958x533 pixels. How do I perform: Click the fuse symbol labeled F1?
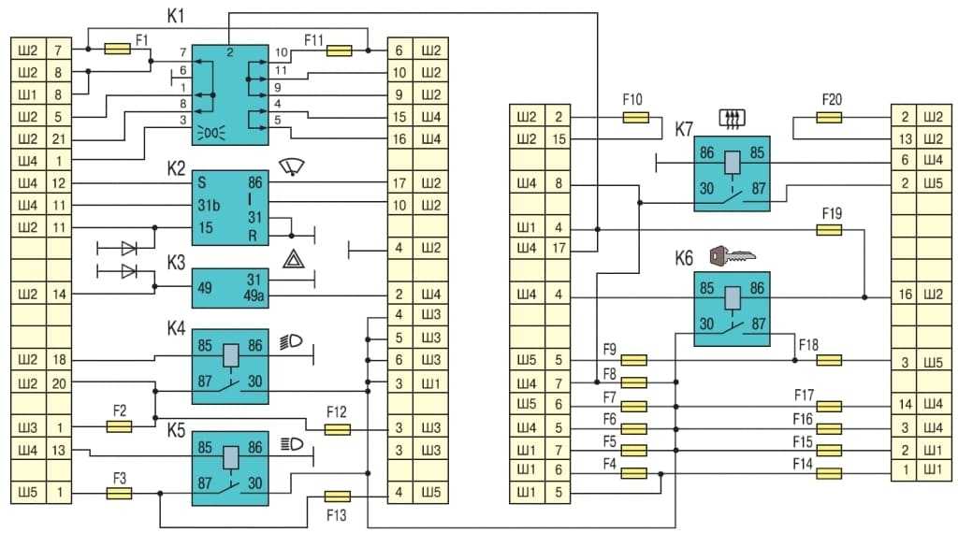119,48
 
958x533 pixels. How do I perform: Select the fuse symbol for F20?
830,118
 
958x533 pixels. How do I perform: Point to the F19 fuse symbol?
830,229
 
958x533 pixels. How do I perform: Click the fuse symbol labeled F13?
337,496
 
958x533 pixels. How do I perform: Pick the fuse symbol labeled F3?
119,493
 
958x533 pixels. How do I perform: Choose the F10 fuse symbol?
635,118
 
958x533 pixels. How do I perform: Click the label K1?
176,18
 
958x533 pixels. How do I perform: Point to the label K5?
176,431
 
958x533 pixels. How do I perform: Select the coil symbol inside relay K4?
230,355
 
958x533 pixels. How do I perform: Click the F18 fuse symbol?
830,360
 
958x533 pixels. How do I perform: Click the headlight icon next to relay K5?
291,445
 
